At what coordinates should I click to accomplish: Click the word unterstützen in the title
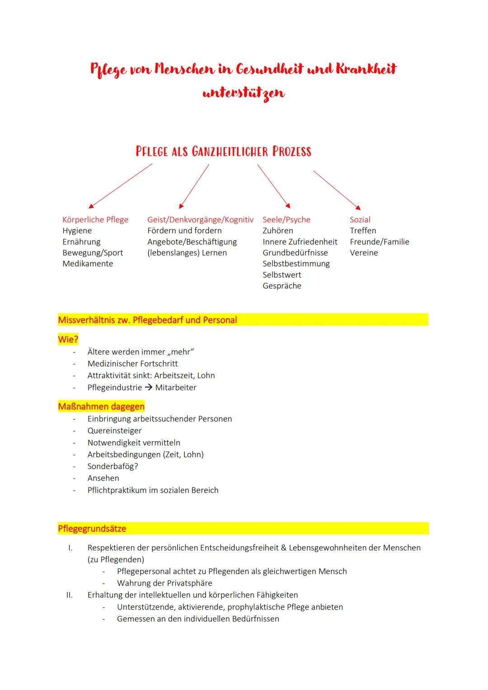point(244,93)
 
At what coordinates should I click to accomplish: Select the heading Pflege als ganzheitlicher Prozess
point(223,151)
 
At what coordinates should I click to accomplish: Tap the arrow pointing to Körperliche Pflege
point(121,186)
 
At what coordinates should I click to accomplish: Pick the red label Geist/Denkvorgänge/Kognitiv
point(200,220)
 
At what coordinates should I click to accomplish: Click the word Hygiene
point(77,231)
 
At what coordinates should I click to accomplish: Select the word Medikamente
point(88,264)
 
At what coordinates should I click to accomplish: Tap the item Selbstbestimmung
point(296,264)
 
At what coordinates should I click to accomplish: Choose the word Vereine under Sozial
point(364,253)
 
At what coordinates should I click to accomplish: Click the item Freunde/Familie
point(379,242)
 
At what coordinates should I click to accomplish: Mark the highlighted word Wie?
point(68,339)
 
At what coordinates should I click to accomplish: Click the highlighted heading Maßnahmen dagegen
point(101,407)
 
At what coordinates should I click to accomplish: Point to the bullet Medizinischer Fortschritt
point(132,364)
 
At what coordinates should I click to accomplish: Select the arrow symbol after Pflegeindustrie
point(149,388)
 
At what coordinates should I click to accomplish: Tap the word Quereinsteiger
point(114,431)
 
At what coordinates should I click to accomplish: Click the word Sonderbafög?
point(113,466)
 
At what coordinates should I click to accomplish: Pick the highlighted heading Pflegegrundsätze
point(92,529)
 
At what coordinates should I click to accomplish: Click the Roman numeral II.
point(70,595)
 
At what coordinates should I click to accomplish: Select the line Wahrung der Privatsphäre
point(164,583)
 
